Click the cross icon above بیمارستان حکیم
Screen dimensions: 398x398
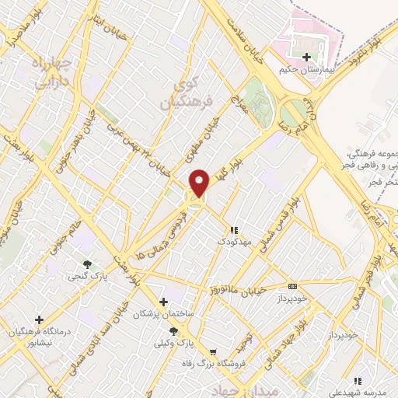click(x=307, y=58)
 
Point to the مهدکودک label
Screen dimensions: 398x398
click(x=232, y=242)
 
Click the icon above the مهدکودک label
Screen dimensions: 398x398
click(x=232, y=230)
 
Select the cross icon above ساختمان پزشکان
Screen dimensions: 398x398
click(x=162, y=302)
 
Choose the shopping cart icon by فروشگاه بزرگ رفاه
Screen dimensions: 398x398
click(x=201, y=351)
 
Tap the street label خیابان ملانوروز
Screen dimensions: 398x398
click(x=236, y=288)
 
